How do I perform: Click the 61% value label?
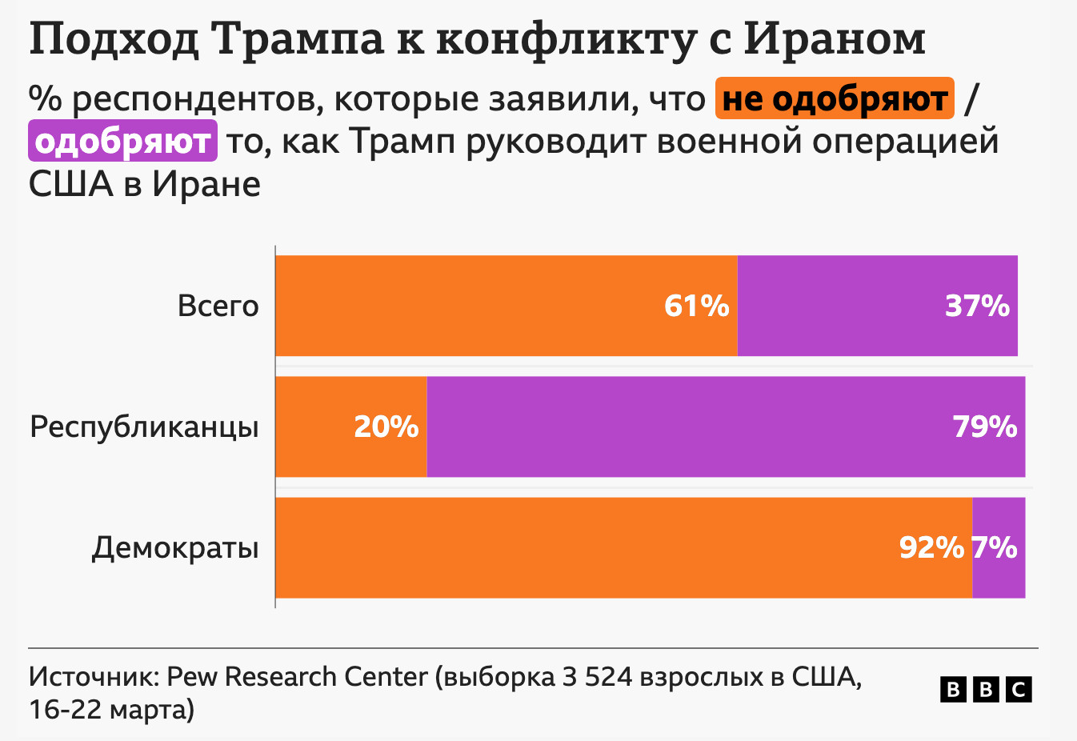697,306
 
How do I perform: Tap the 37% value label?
977,306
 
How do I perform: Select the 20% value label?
386,427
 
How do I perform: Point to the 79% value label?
985,427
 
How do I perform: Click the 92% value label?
931,547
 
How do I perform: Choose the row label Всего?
218,306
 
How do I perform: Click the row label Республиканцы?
144,427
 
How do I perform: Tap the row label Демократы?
175,547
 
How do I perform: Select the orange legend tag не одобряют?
835,98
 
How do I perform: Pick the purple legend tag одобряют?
122,141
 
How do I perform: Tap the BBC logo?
986,689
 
